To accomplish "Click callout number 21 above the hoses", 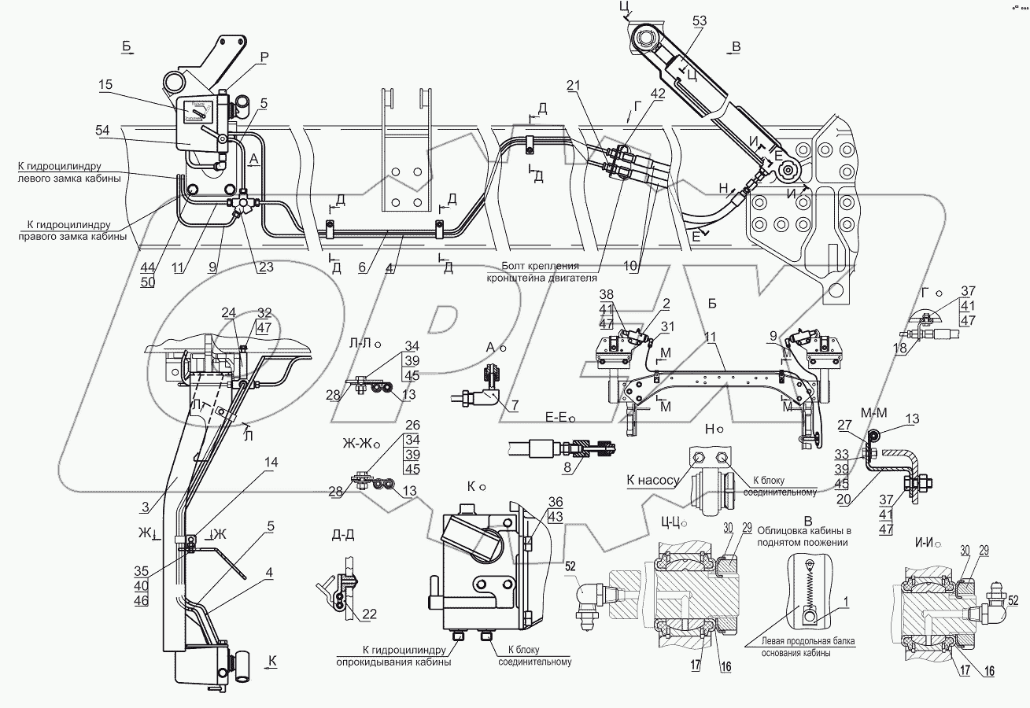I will click(x=573, y=85).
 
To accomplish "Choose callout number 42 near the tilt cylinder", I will click(x=658, y=93).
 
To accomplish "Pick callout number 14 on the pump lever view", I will click(x=271, y=463).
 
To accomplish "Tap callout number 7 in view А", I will click(x=515, y=405).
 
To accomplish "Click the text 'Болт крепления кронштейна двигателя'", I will click(x=541, y=271).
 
